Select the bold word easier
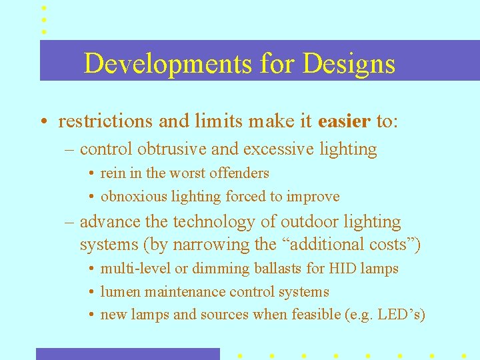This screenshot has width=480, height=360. [344, 121]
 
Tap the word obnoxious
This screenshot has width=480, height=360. [130, 197]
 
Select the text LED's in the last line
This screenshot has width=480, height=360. [399, 315]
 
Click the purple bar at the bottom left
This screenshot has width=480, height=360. [127, 354]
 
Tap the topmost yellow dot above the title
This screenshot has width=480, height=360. [44, 7]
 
